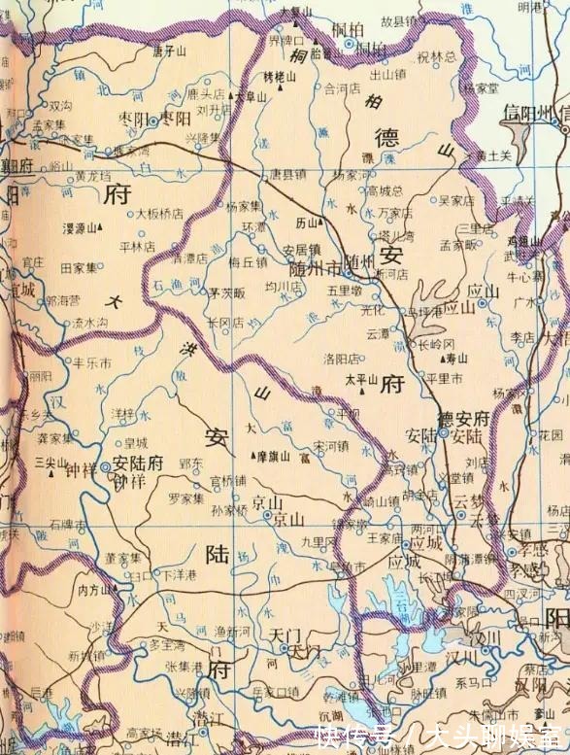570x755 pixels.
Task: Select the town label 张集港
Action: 184,665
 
